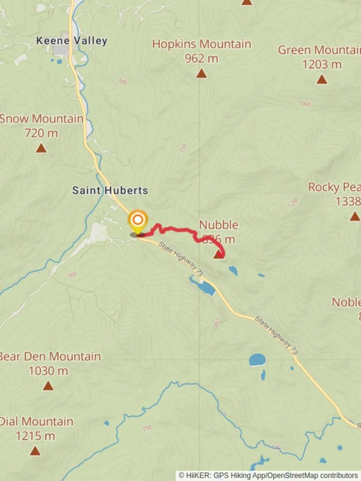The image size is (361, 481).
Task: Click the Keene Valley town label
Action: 71,41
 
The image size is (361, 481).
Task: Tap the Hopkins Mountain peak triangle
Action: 201,73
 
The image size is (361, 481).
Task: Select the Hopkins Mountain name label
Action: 201,44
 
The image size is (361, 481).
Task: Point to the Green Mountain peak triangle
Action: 322,80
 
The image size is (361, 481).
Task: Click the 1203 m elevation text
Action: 322,65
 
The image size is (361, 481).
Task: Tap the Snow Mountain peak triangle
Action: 41,148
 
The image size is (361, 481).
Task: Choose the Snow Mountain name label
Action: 41,119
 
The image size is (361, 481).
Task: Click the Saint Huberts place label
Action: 110,191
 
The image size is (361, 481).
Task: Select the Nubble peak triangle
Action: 218,254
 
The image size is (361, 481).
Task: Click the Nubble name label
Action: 218,225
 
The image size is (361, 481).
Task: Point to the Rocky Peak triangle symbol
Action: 355,216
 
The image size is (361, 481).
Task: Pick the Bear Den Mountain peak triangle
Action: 48,386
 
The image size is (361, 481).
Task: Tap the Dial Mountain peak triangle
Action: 35,451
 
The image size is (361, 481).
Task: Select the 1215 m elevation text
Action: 35,436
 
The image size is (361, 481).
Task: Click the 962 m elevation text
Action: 201,58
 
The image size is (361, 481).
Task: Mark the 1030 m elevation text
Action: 48,371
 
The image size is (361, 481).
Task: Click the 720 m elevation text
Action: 41,133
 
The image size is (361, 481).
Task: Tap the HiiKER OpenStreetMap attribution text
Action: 268,476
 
